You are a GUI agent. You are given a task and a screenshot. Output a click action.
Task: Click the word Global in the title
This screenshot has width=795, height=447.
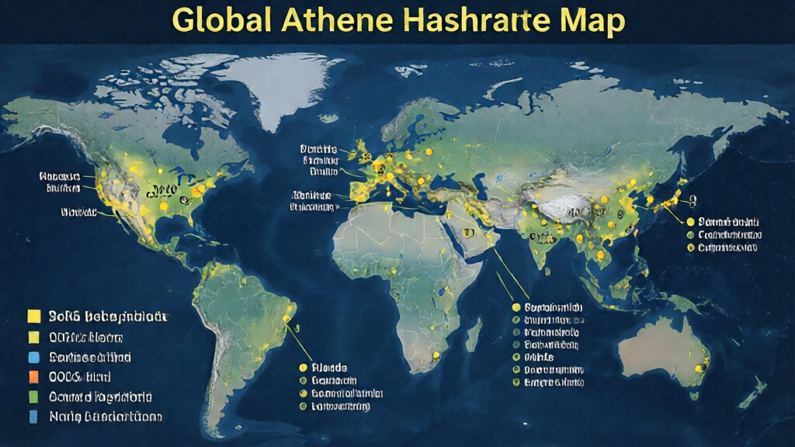tap(220, 23)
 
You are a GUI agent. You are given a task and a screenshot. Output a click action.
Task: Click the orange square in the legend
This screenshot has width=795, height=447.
tap(33, 377)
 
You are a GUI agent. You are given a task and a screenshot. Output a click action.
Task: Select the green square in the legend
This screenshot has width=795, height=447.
tap(33, 397)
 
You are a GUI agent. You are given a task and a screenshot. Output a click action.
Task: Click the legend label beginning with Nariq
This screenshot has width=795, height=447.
tap(105, 417)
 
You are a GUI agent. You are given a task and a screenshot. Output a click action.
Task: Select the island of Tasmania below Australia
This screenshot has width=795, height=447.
tap(696, 396)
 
